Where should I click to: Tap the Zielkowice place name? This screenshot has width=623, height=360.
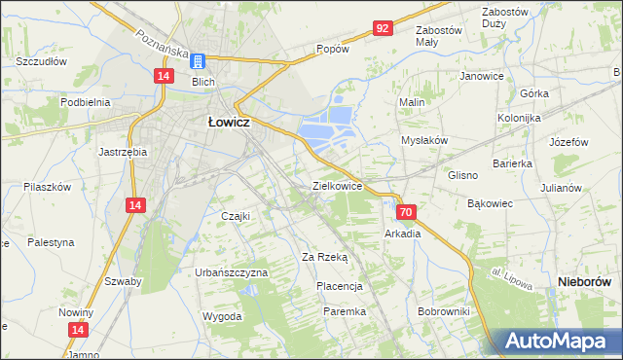pyautogui.click(x=337, y=185)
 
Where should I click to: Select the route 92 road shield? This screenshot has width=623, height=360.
pyautogui.click(x=382, y=29)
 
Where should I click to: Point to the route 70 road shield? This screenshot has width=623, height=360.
pyautogui.click(x=406, y=212)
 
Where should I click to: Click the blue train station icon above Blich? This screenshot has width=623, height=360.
pyautogui.click(x=198, y=61)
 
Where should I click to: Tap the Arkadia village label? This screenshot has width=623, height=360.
pyautogui.click(x=402, y=234)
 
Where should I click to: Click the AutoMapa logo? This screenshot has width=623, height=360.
pyautogui.click(x=558, y=342)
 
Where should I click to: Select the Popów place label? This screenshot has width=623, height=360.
pyautogui.click(x=332, y=49)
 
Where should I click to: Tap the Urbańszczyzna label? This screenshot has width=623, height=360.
pyautogui.click(x=231, y=272)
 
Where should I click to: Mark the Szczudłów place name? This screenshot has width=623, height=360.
pyautogui.click(x=41, y=60)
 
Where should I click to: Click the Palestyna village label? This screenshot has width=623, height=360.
pyautogui.click(x=50, y=242)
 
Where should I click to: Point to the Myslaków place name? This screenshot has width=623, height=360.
pyautogui.click(x=424, y=140)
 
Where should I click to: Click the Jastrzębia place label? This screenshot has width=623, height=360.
pyautogui.click(x=123, y=152)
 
